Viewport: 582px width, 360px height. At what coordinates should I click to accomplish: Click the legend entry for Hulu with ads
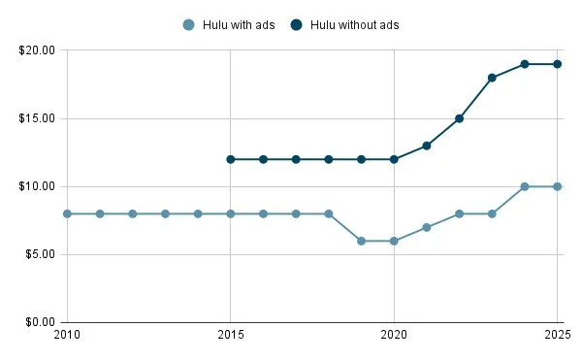(229, 24)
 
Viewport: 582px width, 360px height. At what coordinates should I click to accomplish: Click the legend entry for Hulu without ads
(345, 24)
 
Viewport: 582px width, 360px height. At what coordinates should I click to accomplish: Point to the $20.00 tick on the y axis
(38, 50)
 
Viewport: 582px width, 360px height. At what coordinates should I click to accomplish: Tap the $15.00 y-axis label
(38, 118)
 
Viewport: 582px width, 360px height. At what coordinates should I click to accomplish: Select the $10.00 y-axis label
(38, 186)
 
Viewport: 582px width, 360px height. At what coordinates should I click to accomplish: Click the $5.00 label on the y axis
(41, 254)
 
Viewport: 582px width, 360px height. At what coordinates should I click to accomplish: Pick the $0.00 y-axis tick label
(41, 322)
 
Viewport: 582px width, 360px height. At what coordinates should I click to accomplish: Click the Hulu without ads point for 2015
(231, 159)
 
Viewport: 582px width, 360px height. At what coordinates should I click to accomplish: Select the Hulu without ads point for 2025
(558, 64)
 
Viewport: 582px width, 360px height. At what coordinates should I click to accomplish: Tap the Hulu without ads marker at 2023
(492, 78)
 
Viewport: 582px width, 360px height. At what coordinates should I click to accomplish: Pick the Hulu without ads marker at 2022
(459, 118)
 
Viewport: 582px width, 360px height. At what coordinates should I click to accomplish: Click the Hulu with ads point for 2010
(67, 213)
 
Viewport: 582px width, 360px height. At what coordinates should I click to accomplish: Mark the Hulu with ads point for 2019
(361, 241)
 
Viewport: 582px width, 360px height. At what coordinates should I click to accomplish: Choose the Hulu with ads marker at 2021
(427, 227)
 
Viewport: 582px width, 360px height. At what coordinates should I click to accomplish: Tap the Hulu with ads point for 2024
(525, 186)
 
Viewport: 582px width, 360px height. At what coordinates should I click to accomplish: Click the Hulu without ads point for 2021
(427, 146)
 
